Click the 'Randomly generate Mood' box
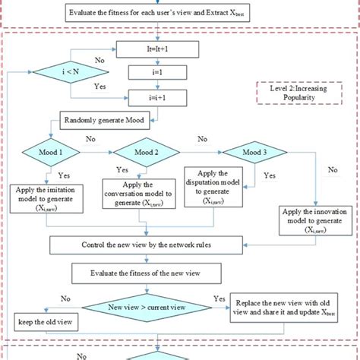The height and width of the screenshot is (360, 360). tap(103, 119)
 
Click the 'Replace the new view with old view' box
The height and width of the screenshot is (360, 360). tap(292, 309)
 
